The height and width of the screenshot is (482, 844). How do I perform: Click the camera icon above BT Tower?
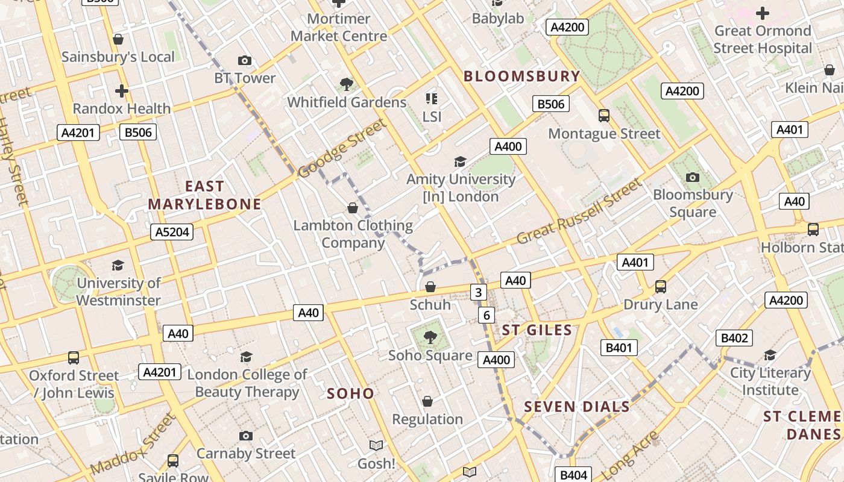[244, 60]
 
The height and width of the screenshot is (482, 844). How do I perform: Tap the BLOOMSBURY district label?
[521, 77]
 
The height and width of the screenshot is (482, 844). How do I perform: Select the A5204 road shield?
[172, 232]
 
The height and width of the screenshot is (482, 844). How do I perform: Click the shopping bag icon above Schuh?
[430, 287]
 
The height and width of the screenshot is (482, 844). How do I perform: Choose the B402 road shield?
[734, 338]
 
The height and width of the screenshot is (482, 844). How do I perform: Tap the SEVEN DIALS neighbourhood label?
[577, 407]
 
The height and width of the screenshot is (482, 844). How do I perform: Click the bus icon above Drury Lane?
[661, 287]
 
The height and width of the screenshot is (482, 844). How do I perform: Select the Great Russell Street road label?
[579, 211]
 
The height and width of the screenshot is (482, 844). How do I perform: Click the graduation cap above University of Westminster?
[118, 265]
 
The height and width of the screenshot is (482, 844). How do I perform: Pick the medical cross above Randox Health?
[122, 91]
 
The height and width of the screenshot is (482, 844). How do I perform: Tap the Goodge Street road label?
[342, 148]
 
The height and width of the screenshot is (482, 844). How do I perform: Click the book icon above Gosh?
[376, 445]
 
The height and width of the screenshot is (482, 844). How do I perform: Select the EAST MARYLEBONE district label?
[204, 195]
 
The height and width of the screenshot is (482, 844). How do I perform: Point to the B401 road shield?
[619, 348]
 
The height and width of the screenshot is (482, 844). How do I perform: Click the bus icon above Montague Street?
[603, 116]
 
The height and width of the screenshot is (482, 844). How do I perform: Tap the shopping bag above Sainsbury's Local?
[118, 39]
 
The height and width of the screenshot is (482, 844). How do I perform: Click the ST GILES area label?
[537, 330]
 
